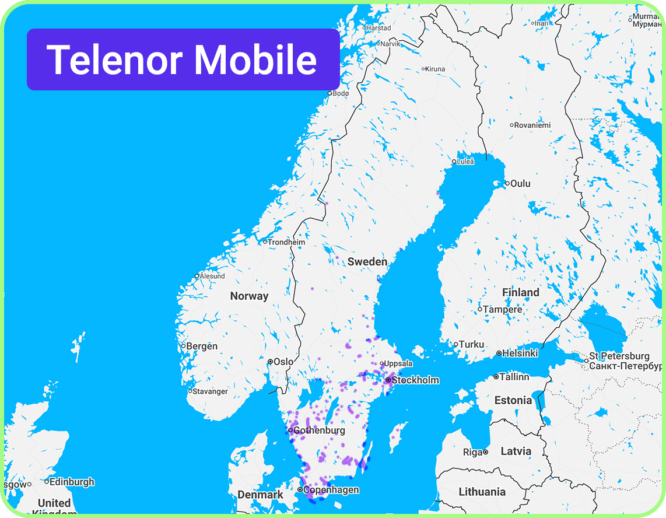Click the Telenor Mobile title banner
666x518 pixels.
point(183,60)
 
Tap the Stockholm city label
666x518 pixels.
point(415,380)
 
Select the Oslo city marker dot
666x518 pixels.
point(270,362)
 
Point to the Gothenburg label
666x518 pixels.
point(319,430)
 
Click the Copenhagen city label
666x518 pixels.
point(331,490)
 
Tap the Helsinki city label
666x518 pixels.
point(520,353)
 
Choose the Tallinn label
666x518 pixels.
point(514,377)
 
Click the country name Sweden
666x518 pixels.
point(367,262)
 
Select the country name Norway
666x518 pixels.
point(249,296)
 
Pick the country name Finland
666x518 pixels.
point(521,292)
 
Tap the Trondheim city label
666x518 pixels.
point(286,242)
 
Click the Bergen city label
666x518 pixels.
point(202,346)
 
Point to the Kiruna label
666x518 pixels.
point(435,69)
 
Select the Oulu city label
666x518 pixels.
point(520,184)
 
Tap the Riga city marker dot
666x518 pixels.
point(485,452)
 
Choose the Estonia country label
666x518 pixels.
point(513,401)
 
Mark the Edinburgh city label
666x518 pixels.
point(72,482)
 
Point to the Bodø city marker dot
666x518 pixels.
point(330,93)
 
